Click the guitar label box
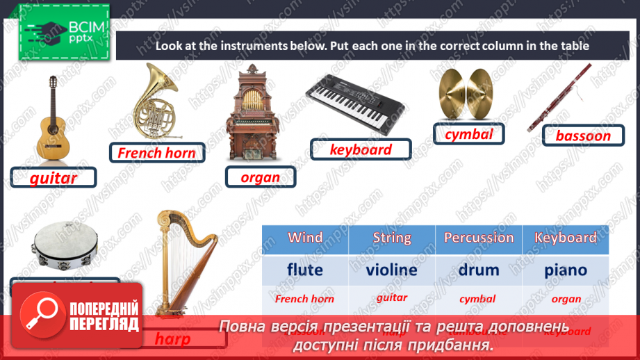pos(53,178)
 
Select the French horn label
pos(156,152)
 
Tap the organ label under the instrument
pos(260,177)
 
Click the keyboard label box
pos(360,149)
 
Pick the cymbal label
pos(468,134)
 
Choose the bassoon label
pos(582,136)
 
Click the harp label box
pos(172,339)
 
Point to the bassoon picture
pos(560,97)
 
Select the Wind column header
pos(305,238)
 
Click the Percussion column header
pos(478,238)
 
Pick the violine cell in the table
pos(392,269)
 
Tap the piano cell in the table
pos(566,269)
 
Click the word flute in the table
pos(305,269)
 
